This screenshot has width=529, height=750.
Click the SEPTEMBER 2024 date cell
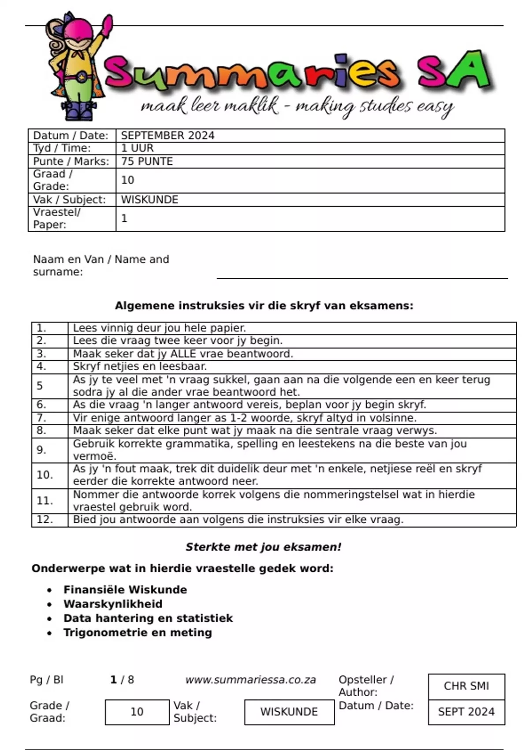point(168,135)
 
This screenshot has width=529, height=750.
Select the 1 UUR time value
point(137,148)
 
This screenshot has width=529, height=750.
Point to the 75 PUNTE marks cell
point(147,161)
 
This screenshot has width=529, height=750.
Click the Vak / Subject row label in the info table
point(69,200)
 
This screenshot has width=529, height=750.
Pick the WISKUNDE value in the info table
point(149,200)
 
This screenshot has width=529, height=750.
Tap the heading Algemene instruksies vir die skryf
point(264,306)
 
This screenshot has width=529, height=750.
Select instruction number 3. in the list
point(41,354)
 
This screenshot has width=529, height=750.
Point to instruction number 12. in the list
point(45,520)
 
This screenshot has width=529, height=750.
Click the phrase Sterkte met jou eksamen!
point(263,547)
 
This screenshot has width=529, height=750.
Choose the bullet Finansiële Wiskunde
point(125,590)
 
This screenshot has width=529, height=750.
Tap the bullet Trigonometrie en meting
point(138,633)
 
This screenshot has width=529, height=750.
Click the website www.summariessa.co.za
point(250,680)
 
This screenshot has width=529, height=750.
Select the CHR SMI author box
point(466,686)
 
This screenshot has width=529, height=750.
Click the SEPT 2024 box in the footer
point(466,712)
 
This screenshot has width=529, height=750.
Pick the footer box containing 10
point(137,712)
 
